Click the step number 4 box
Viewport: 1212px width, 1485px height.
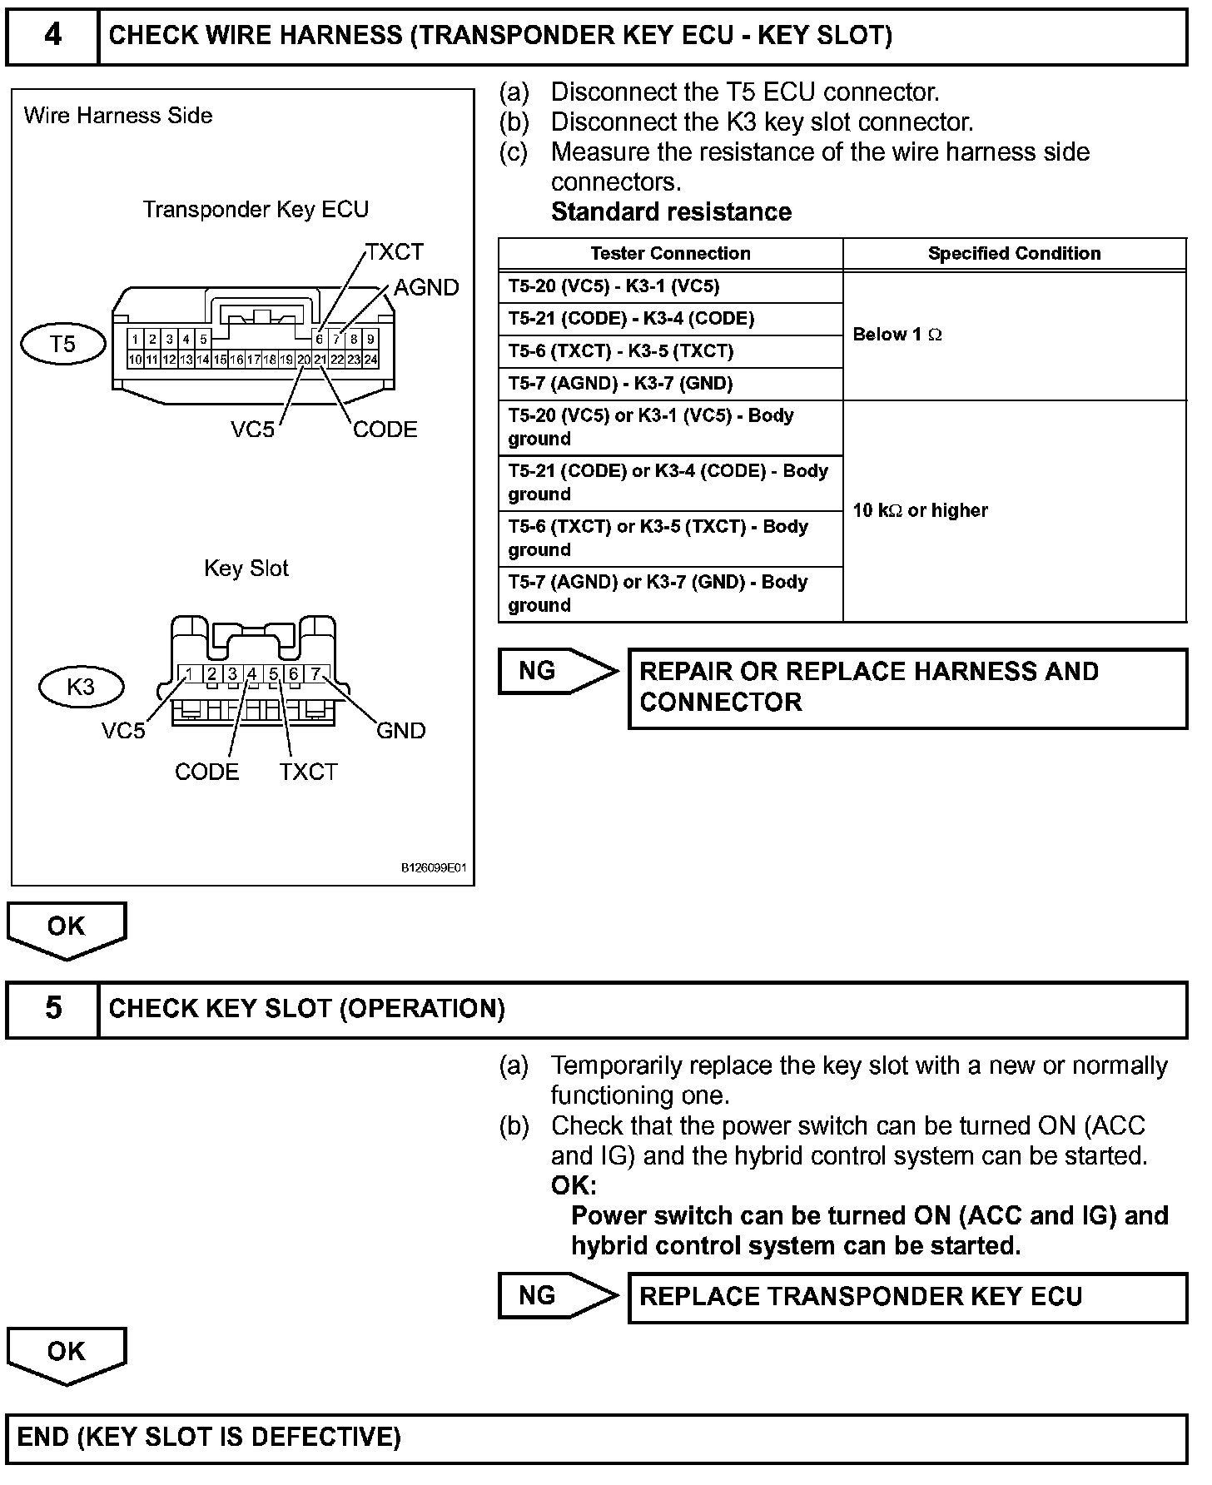tap(52, 36)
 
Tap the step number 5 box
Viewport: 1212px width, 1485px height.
tap(52, 1009)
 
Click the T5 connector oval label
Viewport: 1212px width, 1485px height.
tap(63, 344)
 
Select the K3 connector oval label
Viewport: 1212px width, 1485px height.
tap(81, 687)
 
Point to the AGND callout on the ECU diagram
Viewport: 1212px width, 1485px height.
tap(426, 287)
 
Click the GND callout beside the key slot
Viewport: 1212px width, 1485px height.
tap(400, 730)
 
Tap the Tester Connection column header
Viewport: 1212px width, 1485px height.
tap(670, 253)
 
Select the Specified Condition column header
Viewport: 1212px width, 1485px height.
tap(1014, 253)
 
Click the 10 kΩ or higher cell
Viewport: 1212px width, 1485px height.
tap(920, 510)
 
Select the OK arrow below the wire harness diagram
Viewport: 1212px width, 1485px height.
tap(67, 927)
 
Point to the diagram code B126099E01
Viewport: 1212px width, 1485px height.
tap(434, 867)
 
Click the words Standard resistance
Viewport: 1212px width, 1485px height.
tap(671, 211)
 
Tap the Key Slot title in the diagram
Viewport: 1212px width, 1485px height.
tap(246, 568)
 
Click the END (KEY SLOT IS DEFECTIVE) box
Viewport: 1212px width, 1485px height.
tap(596, 1438)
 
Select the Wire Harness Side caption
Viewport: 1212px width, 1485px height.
tap(118, 115)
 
